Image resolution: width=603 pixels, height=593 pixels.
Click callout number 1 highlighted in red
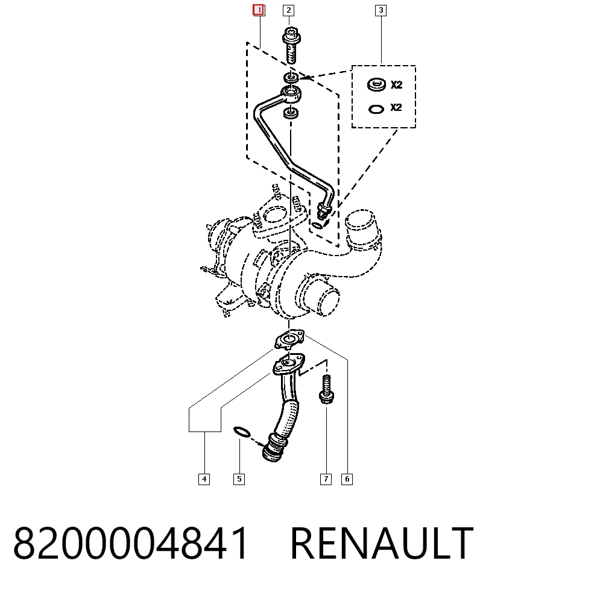tap(259, 10)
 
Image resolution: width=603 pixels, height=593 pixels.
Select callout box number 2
tap(288, 10)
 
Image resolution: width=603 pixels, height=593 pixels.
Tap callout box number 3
tap(380, 10)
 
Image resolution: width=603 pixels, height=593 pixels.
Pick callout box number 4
tap(204, 479)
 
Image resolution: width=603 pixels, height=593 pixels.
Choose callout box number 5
tap(239, 479)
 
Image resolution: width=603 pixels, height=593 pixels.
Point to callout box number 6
tap(347, 479)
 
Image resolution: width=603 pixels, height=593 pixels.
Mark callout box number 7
tap(326, 479)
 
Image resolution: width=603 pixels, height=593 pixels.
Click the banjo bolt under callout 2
tap(291, 45)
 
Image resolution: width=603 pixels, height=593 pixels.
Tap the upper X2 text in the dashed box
tap(397, 84)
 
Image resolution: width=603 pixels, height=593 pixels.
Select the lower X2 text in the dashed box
tap(396, 107)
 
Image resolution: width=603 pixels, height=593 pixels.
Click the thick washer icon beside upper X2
tap(376, 84)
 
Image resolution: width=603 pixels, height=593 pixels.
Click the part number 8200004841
tap(131, 543)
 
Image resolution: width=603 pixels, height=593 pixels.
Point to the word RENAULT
tap(382, 543)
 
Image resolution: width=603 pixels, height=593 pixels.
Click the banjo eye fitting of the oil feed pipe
tap(291, 93)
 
